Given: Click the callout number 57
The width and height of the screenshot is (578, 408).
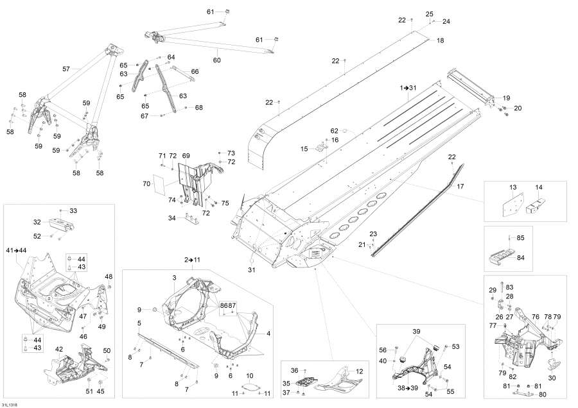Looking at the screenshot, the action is point(66,69).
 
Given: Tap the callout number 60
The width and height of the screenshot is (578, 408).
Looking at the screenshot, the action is point(217,60).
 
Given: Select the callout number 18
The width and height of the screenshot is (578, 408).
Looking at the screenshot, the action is point(441,40).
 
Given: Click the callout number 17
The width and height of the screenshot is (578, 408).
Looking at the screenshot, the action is point(460,186).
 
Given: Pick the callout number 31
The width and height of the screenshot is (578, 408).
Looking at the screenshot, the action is point(251,270).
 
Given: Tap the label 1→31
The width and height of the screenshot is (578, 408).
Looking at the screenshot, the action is point(408,88).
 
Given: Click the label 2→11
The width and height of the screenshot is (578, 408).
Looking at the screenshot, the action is point(192,260).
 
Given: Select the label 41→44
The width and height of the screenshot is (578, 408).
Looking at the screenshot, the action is point(16,250).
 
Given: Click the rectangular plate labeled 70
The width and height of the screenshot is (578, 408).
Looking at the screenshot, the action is point(159,183).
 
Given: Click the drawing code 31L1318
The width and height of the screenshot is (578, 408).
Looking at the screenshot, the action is point(9,405).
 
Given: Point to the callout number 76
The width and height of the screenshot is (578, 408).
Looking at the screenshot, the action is point(536,317).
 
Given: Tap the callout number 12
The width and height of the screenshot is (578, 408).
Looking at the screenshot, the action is point(360,371).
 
